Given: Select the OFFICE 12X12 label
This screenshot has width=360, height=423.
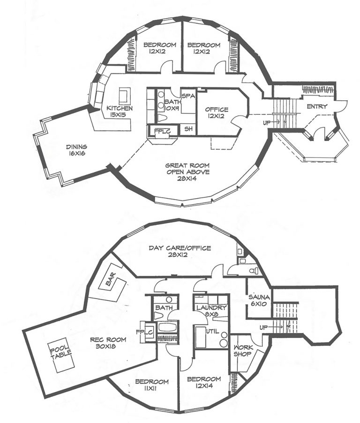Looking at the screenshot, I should click(x=217, y=113).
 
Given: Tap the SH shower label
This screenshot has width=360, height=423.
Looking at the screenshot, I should click(x=187, y=128).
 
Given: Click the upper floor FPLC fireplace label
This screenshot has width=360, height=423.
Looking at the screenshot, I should click(x=159, y=130).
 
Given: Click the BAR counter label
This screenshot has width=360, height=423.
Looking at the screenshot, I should click(x=111, y=284).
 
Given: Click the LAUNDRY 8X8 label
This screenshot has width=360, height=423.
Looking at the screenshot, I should click(x=211, y=311).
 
